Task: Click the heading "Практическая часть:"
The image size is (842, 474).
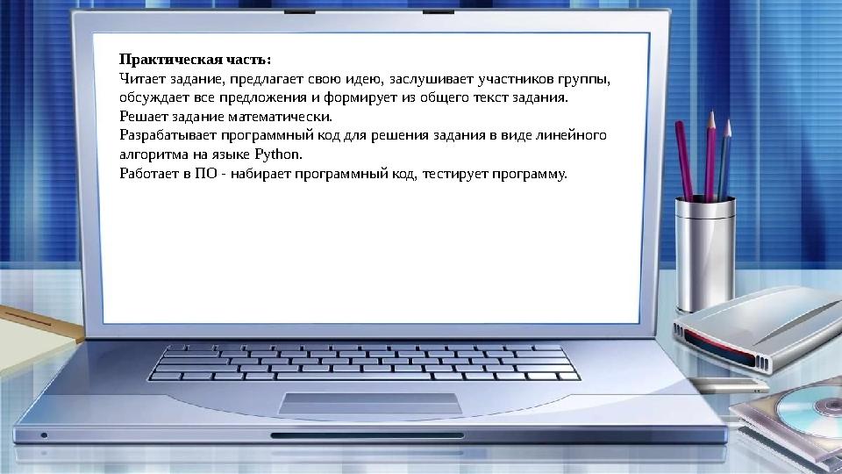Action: pos(196,60)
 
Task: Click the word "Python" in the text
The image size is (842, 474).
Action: pos(277,154)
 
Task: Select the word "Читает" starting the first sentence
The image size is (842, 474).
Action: pos(139,79)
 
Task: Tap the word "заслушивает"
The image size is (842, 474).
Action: pos(425,79)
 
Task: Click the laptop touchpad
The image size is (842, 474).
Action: pos(370,403)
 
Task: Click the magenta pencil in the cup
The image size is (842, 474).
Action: pos(685,162)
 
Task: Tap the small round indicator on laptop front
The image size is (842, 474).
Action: pos(44,434)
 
